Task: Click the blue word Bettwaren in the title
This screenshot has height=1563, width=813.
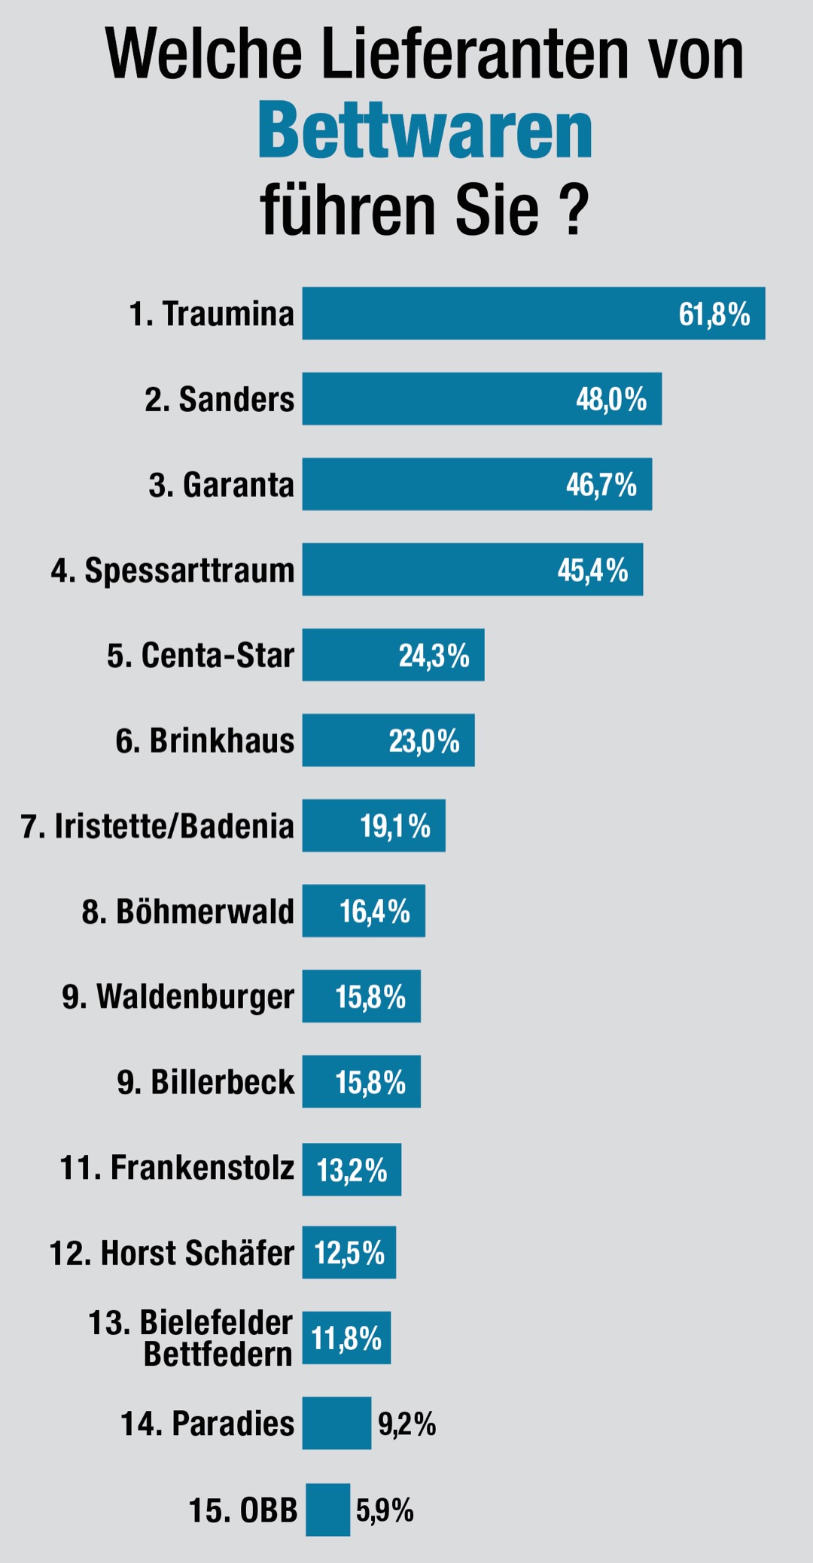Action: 425,133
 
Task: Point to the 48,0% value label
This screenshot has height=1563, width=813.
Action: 611,399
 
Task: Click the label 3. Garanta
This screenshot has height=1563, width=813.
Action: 221,485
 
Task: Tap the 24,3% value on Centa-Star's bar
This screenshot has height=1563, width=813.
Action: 434,656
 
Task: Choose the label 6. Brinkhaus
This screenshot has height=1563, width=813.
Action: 205,741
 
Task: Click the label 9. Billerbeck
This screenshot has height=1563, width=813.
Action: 206,1082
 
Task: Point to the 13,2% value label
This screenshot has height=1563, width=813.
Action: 352,1170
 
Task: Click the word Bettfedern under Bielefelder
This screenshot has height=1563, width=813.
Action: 218,1354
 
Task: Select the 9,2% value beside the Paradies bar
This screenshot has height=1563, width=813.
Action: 406,1424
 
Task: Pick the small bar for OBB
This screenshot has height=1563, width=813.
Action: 327,1510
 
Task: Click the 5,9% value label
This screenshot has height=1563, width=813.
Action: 385,1510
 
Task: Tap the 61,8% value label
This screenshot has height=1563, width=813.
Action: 714,314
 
